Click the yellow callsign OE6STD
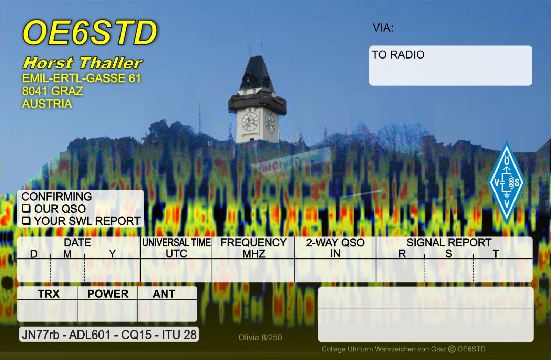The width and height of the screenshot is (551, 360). pyautogui.click(x=90, y=33)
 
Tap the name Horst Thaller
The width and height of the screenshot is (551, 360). pyautogui.click(x=83, y=63)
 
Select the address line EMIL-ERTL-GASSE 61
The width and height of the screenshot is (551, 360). pyautogui.click(x=82, y=78)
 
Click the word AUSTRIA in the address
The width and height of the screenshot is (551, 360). pyautogui.click(x=47, y=104)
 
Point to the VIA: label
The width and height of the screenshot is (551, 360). pyautogui.click(x=383, y=28)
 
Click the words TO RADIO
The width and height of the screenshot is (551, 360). pyautogui.click(x=398, y=55)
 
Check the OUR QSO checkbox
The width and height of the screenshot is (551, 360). pyautogui.click(x=26, y=209)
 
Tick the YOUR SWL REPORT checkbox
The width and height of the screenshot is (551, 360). pyautogui.click(x=26, y=221)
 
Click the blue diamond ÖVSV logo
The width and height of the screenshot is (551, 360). pyautogui.click(x=506, y=182)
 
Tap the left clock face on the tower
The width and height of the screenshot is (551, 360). pyautogui.click(x=250, y=121)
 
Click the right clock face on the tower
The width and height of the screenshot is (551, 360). pyautogui.click(x=270, y=123)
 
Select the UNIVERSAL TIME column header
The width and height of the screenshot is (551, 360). pyautogui.click(x=176, y=243)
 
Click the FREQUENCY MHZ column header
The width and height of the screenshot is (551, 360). pyautogui.click(x=253, y=248)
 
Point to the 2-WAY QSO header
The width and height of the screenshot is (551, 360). pyautogui.click(x=335, y=243)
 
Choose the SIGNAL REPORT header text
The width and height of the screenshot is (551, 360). pyautogui.click(x=449, y=243)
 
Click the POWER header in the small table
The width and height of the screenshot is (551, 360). pyautogui.click(x=108, y=294)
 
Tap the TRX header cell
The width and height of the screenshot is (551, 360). pyautogui.click(x=49, y=294)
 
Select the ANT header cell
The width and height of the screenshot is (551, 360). pyautogui.click(x=164, y=294)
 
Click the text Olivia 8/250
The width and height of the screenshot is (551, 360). pyautogui.click(x=260, y=338)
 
